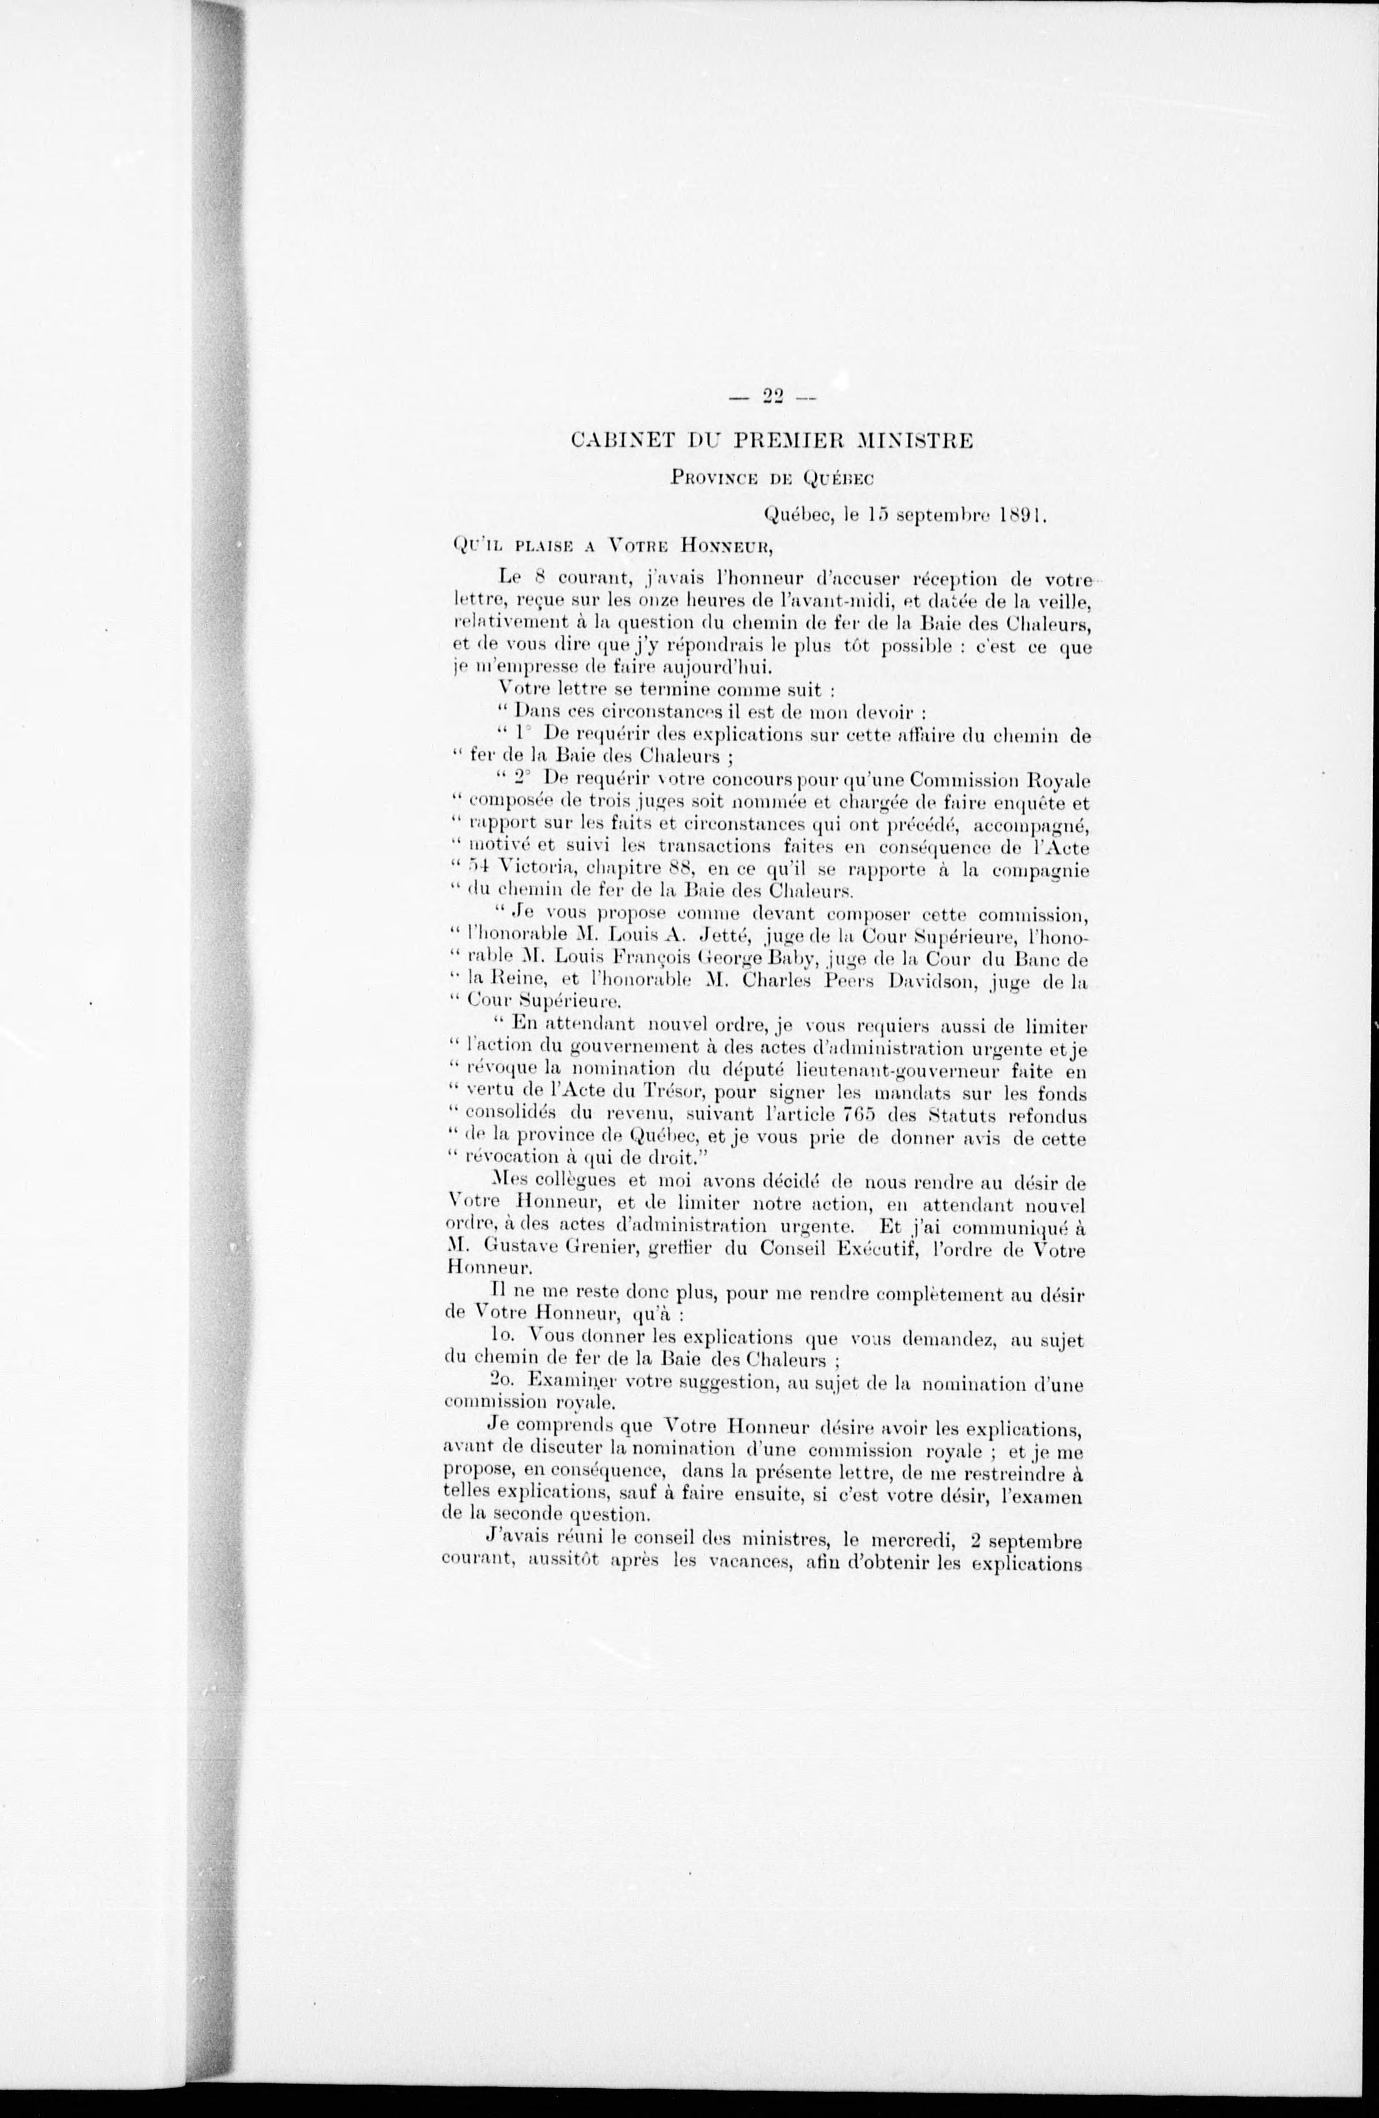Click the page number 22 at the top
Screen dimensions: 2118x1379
[x=772, y=398]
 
